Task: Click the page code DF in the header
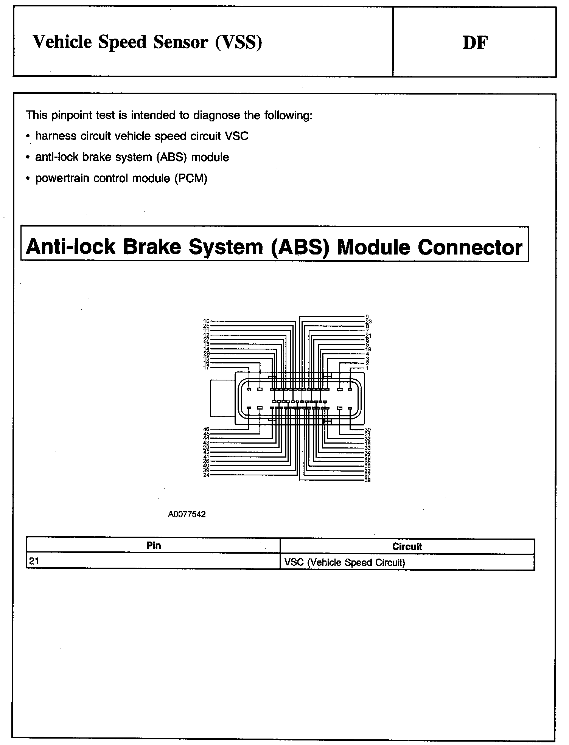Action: point(475,43)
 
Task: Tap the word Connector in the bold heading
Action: point(470,247)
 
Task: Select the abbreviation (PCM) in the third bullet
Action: point(191,178)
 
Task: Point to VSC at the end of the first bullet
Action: point(236,136)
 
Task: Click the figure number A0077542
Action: point(187,514)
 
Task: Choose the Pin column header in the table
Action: point(153,545)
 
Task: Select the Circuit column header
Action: point(407,546)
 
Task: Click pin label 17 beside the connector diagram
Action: point(206,367)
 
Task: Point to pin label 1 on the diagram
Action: point(367,368)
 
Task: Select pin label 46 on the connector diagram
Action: point(206,429)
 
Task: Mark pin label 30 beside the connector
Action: point(367,430)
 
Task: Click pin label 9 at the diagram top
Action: point(367,317)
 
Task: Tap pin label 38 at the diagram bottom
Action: point(367,480)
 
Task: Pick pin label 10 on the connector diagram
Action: point(206,321)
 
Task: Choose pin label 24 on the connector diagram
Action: point(206,475)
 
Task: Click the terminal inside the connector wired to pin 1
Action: point(350,389)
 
